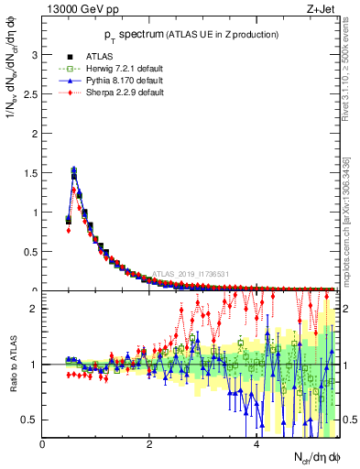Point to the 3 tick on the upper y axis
click(34, 54)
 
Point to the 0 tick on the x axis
click(43, 444)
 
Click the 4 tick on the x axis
click(256, 444)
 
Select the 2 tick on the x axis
click(149, 444)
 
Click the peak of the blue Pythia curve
click(74, 169)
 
